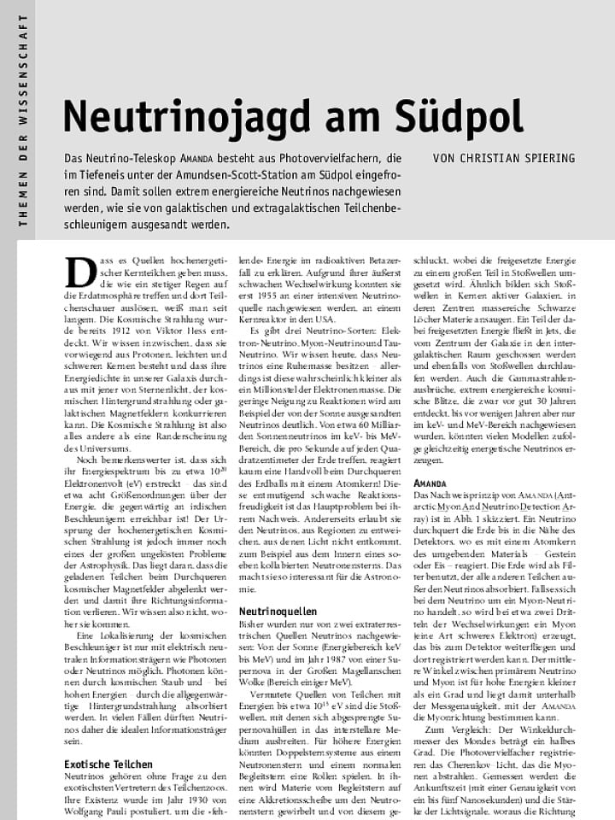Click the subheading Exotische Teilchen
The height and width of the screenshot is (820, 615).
tap(108, 764)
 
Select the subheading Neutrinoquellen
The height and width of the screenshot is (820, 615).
tap(278, 612)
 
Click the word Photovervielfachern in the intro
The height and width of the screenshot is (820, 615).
tap(325, 159)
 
